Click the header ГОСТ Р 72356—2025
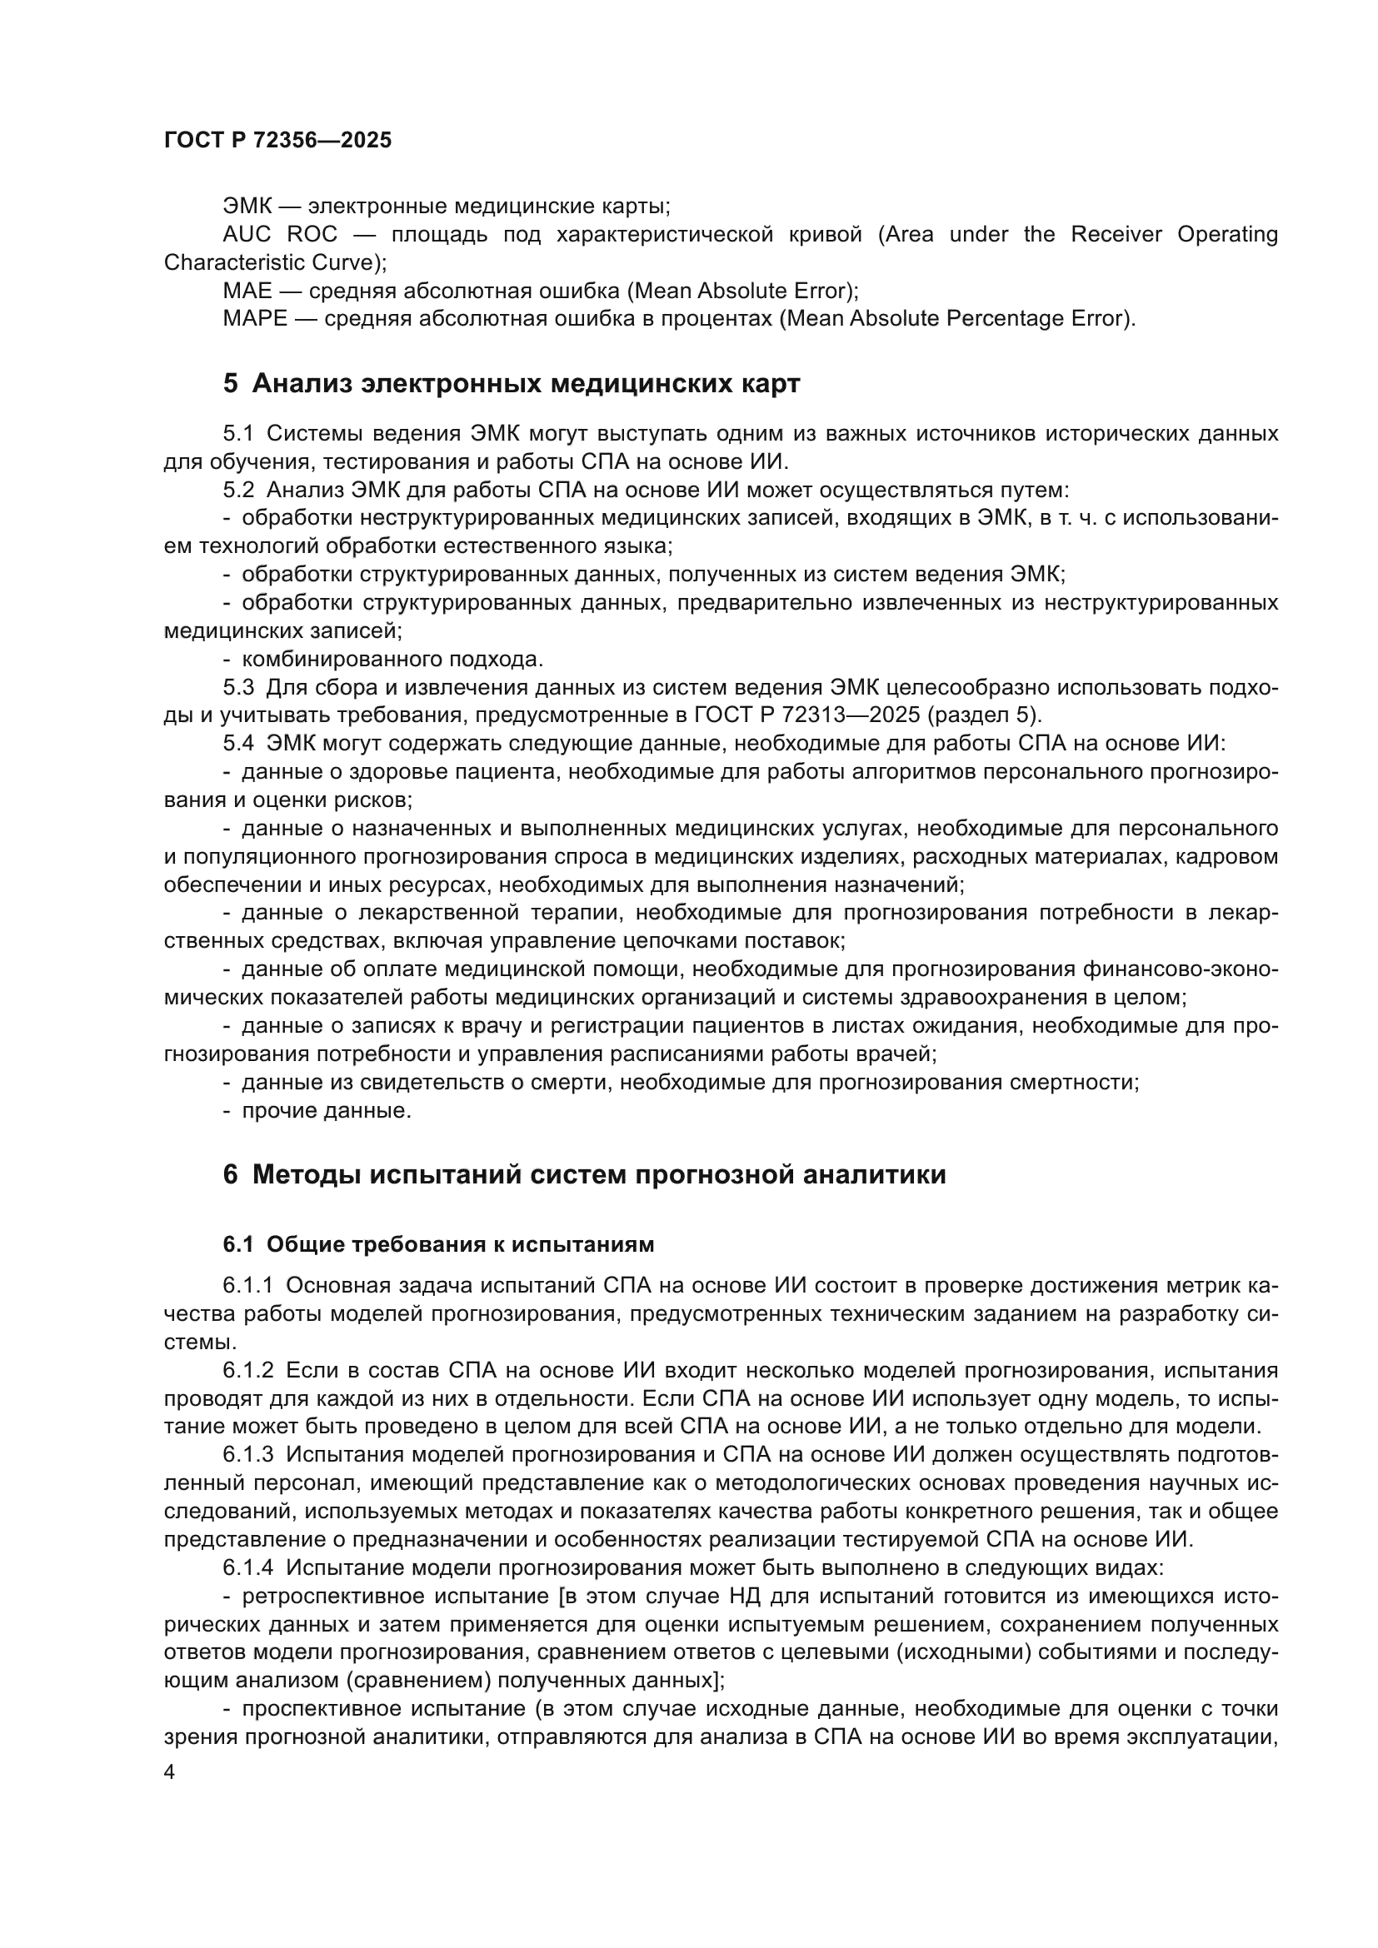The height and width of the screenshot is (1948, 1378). tap(277, 141)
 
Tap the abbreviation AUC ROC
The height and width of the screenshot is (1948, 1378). tap(280, 234)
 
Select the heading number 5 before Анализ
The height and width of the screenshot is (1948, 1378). tap(231, 383)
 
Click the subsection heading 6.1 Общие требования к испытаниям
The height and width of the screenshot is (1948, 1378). tap(439, 1243)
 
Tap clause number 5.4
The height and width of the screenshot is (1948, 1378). tap(238, 743)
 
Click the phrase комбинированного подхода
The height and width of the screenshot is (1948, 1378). tap(392, 660)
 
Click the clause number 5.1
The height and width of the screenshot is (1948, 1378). tap(238, 434)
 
